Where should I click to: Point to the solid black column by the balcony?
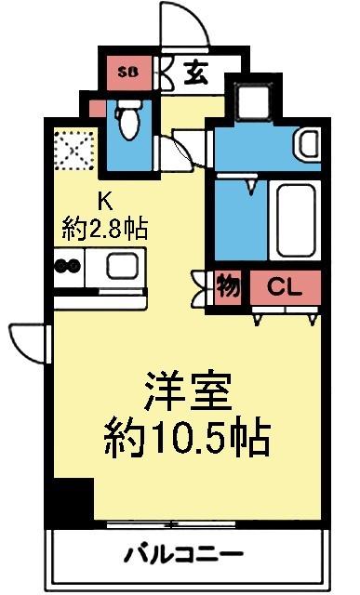click(x=71, y=503)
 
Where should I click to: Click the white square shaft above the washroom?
click(x=251, y=100)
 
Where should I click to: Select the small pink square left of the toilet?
click(x=98, y=108)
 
